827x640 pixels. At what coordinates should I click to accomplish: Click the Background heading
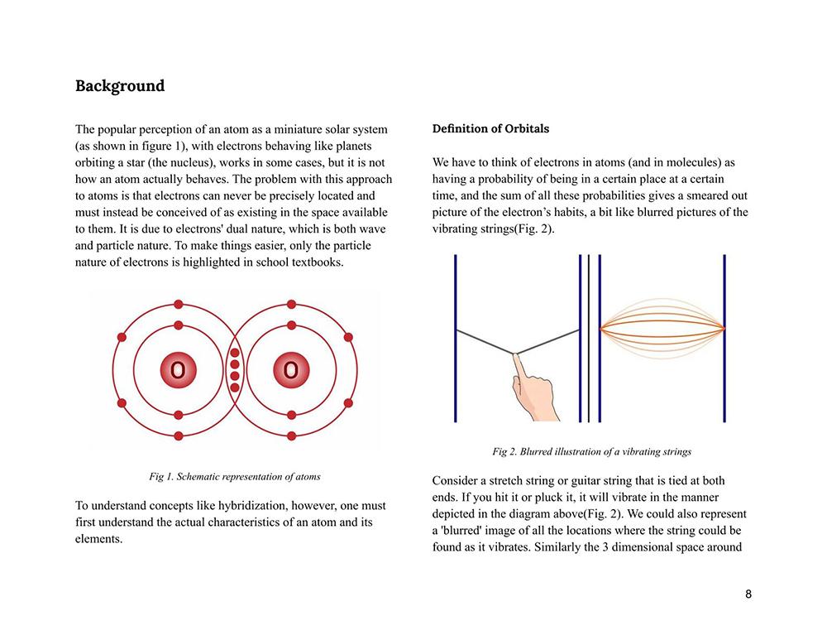[120, 86]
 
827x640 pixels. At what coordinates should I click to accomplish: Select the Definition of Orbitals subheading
[490, 129]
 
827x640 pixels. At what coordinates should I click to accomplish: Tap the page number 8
[748, 594]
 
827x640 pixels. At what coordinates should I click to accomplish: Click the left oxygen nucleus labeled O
[178, 370]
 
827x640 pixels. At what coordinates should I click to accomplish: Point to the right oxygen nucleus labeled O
[290, 370]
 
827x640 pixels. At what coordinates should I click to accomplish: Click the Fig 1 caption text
[235, 477]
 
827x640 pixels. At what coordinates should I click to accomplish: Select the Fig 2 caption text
[591, 452]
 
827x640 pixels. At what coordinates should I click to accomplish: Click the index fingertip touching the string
[514, 357]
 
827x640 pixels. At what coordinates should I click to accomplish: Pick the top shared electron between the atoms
[234, 354]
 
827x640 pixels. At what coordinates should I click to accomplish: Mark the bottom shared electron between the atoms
[234, 387]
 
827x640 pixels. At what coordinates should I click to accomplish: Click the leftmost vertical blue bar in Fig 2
[456, 338]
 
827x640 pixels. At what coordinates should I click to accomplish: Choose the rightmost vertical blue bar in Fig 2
[724, 338]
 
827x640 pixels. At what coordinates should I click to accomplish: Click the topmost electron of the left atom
[178, 305]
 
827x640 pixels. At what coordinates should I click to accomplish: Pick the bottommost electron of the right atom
[290, 435]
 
